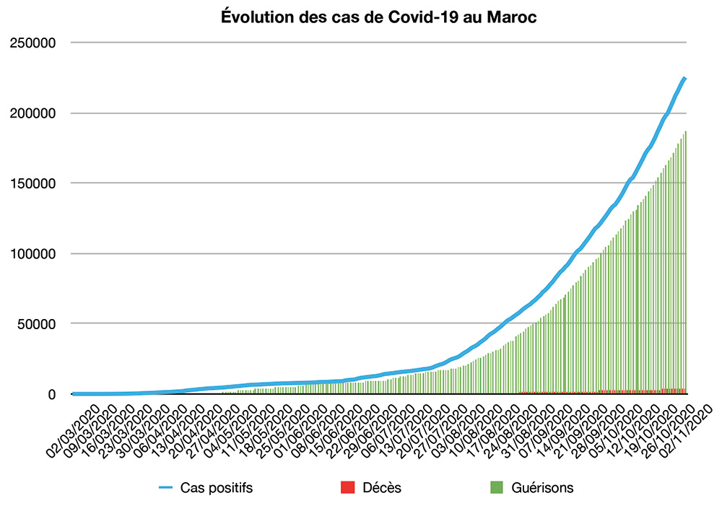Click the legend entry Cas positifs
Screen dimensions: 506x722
point(217,488)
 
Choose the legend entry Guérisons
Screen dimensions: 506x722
point(542,488)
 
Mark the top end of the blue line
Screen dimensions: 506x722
point(684,78)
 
